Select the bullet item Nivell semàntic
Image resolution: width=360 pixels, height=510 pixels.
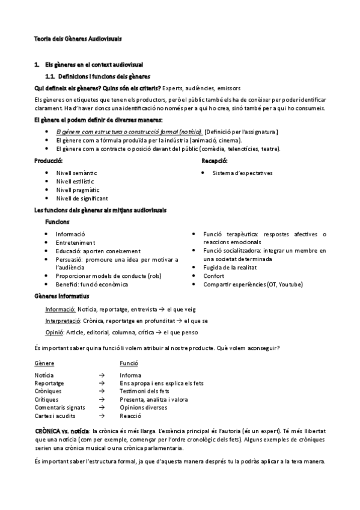[x=76, y=173]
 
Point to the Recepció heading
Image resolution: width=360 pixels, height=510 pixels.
[x=214, y=161]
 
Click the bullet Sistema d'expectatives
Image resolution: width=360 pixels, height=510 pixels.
[x=242, y=173]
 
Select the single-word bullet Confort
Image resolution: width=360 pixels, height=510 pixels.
[x=214, y=275]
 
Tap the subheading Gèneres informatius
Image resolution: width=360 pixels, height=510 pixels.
[x=62, y=296]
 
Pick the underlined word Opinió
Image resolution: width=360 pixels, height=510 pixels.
[x=55, y=332]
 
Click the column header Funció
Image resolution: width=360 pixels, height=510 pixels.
[x=129, y=363]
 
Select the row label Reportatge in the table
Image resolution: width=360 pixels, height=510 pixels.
[x=49, y=382]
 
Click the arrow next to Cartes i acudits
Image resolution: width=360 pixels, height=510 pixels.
[x=102, y=416]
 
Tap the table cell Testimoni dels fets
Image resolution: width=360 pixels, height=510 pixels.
[x=144, y=391]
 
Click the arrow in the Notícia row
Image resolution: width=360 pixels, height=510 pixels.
[x=102, y=375]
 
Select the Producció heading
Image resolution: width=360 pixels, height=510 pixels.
[x=49, y=161]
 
